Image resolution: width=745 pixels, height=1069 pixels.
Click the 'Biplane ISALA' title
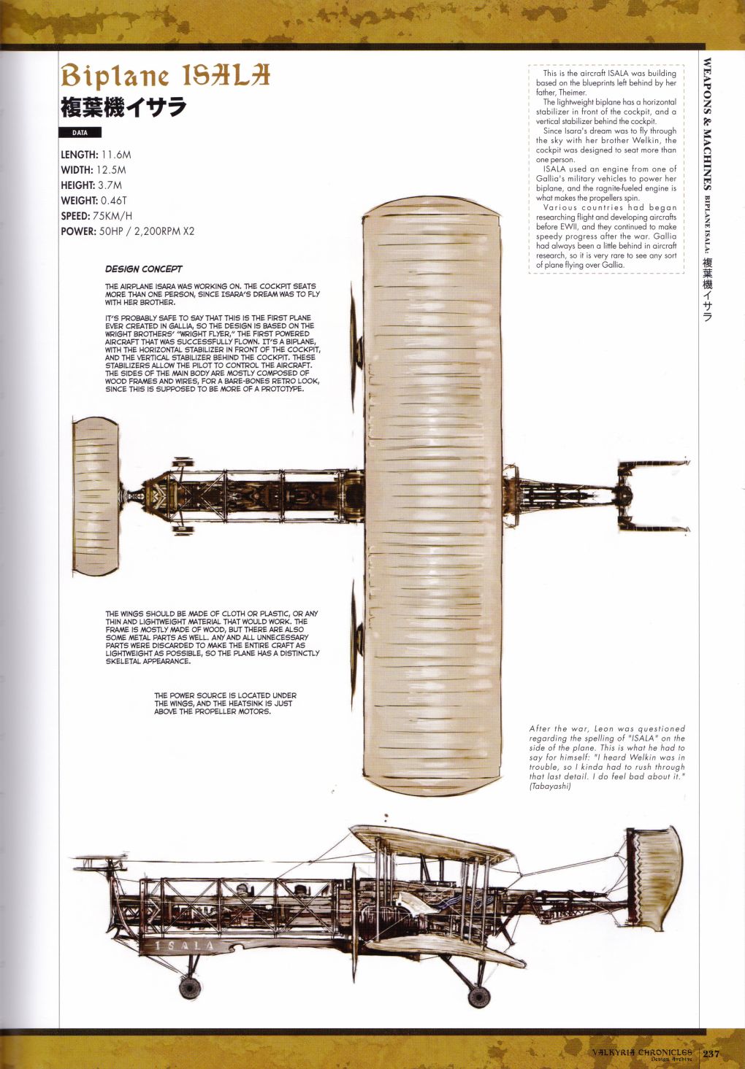click(165, 75)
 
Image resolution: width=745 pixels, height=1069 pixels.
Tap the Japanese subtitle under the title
click(123, 107)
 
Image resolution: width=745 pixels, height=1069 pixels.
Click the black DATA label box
click(80, 133)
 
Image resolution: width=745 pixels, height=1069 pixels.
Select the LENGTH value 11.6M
click(116, 155)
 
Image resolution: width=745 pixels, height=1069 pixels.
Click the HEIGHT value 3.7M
click(110, 185)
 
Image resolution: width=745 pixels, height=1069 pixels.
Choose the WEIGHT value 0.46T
click(113, 201)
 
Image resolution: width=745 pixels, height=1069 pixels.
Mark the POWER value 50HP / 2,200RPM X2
click(146, 231)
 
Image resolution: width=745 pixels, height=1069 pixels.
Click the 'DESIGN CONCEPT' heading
click(143, 269)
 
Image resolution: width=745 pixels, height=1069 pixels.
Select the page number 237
click(711, 1053)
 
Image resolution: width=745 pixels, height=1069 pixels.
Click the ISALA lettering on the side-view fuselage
click(186, 946)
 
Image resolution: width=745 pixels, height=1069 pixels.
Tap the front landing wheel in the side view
click(190, 988)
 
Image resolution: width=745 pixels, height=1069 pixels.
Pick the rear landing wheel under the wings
click(478, 996)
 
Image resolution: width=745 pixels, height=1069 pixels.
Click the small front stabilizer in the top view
click(96, 496)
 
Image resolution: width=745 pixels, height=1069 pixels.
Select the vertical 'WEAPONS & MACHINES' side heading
click(707, 124)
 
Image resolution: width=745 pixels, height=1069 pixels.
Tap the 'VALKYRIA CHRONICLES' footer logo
click(642, 1053)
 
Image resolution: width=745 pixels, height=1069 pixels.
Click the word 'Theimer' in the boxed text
click(572, 93)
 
